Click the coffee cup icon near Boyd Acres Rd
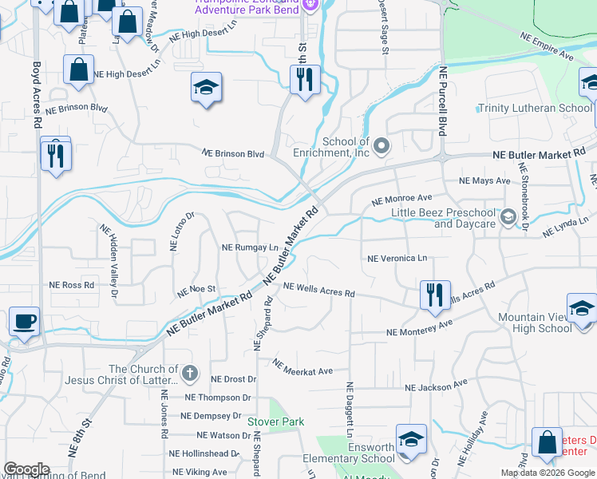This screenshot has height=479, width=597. [x=24, y=322]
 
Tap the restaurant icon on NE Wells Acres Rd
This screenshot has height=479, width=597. [x=435, y=294]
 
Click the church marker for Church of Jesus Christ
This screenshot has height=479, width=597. [x=190, y=373]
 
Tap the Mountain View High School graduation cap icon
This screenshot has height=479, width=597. [x=582, y=307]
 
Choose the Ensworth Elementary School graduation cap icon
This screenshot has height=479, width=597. [x=411, y=438]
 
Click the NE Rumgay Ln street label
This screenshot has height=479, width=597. [x=250, y=247]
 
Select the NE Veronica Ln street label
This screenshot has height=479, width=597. [x=397, y=258]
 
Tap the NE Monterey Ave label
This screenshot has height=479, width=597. [x=419, y=327]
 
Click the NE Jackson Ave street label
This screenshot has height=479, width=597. [x=435, y=387]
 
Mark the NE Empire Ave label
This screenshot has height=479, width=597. [x=547, y=47]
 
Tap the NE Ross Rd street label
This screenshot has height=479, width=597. [x=72, y=284]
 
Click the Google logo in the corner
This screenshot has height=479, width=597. [x=26, y=469]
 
